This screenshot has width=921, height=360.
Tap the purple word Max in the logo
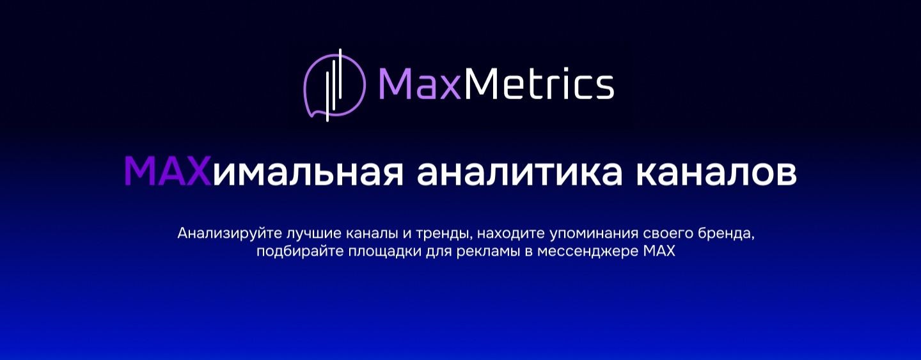click(x=419, y=85)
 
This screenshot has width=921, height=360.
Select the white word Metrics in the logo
click(x=538, y=85)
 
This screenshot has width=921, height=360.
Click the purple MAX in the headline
click(x=167, y=171)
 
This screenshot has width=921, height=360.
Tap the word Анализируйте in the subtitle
click(x=221, y=233)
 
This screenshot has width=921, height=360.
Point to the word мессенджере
click(x=588, y=251)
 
